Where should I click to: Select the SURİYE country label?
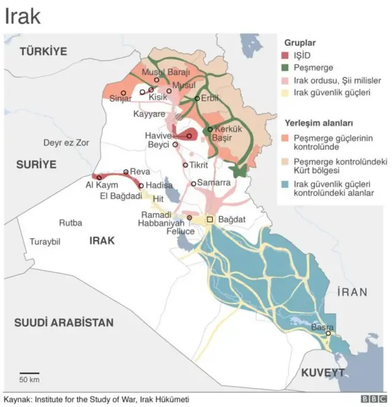[x=36, y=164]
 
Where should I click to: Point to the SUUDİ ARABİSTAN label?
[x=64, y=322]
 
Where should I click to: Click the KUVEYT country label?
[x=322, y=373]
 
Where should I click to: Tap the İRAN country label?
[x=351, y=292]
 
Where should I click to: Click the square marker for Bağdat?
[x=209, y=219]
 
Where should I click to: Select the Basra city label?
[x=322, y=327]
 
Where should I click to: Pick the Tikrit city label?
[x=199, y=165]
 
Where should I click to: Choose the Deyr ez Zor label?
[x=66, y=143]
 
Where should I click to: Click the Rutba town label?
[x=70, y=223]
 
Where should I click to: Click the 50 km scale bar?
[x=29, y=373]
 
